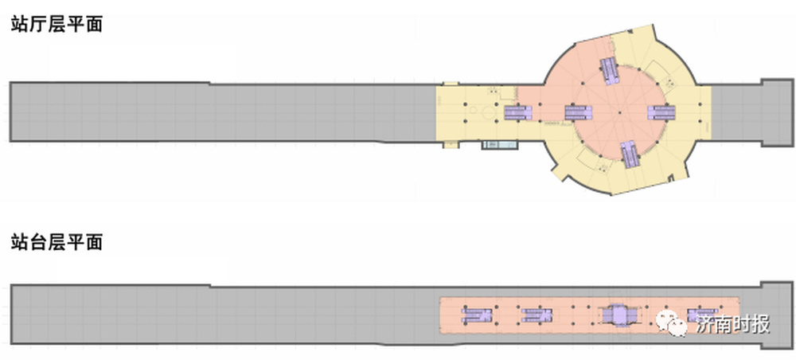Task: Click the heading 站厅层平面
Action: [57, 24]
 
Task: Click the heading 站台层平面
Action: [57, 241]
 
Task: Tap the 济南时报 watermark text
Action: [733, 323]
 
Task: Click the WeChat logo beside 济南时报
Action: [672, 323]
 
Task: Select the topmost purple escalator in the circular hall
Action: [610, 72]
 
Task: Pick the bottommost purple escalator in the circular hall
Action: [630, 155]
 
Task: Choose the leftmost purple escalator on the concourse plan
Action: [518, 112]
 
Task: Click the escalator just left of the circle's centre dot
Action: [579, 112]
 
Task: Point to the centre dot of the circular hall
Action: [620, 113]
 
